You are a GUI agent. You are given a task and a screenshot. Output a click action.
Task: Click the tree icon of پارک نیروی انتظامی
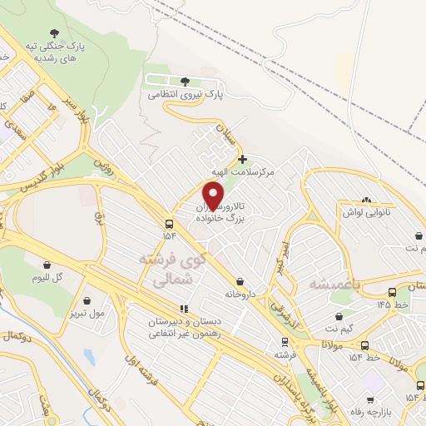[x=184, y=82]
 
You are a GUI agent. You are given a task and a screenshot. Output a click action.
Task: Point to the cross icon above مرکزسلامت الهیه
[x=242, y=158]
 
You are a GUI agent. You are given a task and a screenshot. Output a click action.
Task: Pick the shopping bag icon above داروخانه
[x=240, y=282]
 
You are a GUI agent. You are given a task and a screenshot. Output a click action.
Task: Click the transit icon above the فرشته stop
[x=285, y=341]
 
